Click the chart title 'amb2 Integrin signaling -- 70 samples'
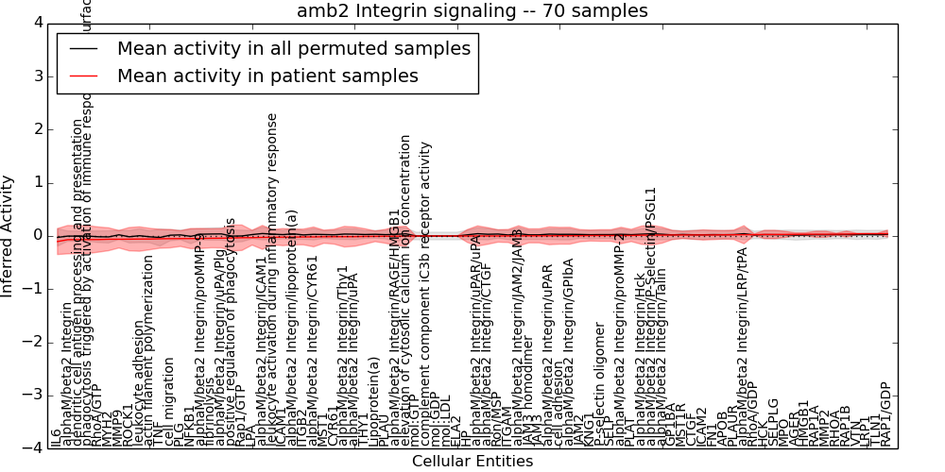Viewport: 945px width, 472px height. tap(472, 11)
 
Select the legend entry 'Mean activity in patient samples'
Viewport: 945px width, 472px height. tap(267, 76)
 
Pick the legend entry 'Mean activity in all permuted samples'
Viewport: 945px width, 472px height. tap(293, 48)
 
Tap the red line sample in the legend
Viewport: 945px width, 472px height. tap(82, 76)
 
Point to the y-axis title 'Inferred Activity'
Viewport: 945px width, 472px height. tap(9, 236)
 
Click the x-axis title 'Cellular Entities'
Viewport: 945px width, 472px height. tap(472, 462)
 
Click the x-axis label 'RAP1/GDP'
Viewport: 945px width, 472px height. tap(885, 413)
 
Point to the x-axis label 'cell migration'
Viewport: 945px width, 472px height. tap(170, 401)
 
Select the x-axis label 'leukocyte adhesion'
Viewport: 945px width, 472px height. tap(138, 382)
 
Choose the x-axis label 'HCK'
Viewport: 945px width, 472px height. tap(763, 433)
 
